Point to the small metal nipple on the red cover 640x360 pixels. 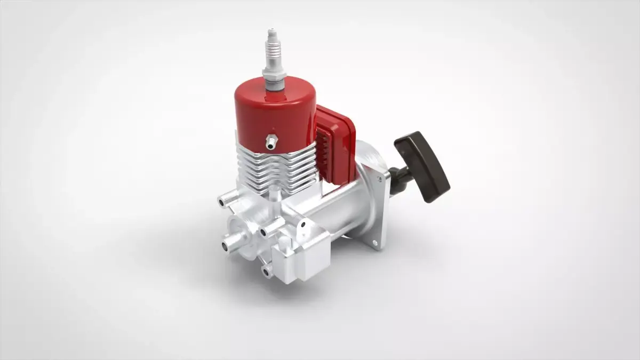click(x=271, y=142)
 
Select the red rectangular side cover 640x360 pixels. click(x=336, y=144)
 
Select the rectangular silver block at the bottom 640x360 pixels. click(x=301, y=259)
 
